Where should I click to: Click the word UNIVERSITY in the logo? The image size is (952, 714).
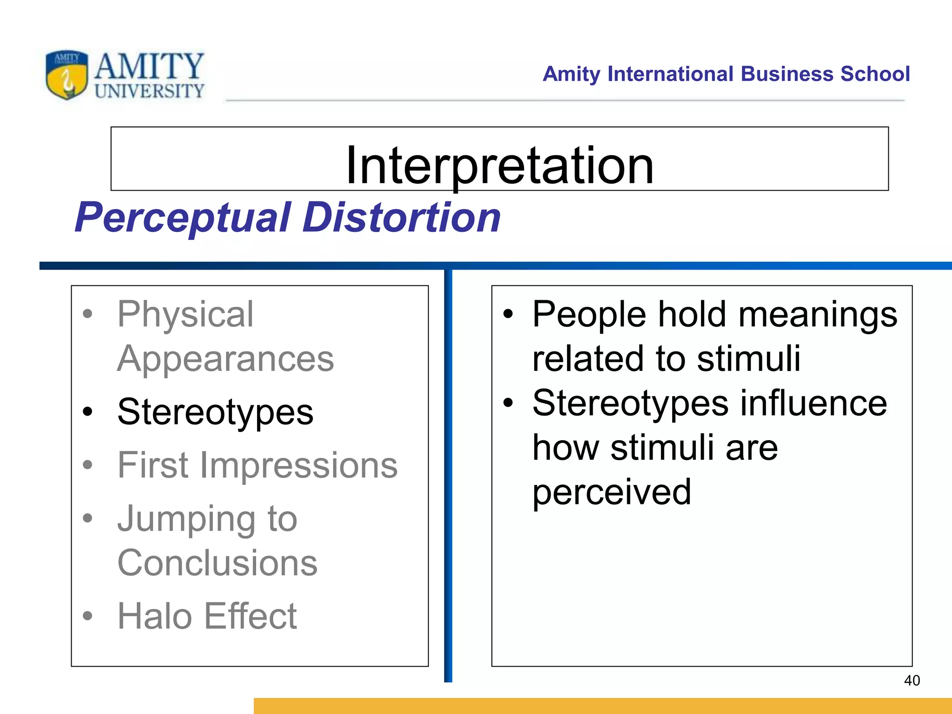[x=149, y=91]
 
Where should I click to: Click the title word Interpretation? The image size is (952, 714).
[x=500, y=165]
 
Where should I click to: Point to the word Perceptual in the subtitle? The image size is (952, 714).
[x=183, y=218]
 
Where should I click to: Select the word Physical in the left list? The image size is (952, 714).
[x=185, y=315]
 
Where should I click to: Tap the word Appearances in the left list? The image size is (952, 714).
[x=225, y=359]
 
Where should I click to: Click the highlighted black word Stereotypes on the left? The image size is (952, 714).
[x=215, y=412]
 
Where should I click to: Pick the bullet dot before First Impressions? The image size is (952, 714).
[x=87, y=464]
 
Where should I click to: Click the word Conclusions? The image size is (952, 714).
[x=217, y=563]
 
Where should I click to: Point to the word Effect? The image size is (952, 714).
[x=251, y=616]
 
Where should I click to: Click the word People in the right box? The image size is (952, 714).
[x=589, y=315]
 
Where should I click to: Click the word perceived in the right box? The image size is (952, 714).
[x=611, y=492]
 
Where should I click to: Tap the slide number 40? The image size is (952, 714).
[x=912, y=681]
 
